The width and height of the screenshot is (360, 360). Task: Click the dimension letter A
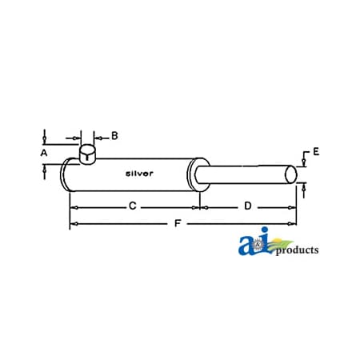45,150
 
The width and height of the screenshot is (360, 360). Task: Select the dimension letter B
114,135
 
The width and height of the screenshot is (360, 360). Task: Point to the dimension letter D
248,206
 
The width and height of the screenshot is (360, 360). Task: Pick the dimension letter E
316,152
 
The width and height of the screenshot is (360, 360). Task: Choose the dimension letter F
178,223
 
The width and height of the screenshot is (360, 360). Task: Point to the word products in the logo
297,250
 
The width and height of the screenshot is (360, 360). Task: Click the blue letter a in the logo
247,246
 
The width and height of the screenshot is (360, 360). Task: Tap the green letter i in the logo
266,243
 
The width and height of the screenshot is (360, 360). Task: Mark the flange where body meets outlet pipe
193,174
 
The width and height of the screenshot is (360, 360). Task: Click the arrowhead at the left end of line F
73,224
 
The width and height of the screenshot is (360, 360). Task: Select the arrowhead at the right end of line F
293,224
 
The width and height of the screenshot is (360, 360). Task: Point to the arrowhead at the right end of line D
293,207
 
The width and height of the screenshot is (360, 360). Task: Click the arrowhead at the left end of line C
73,207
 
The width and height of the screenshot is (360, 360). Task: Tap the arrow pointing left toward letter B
98,136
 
